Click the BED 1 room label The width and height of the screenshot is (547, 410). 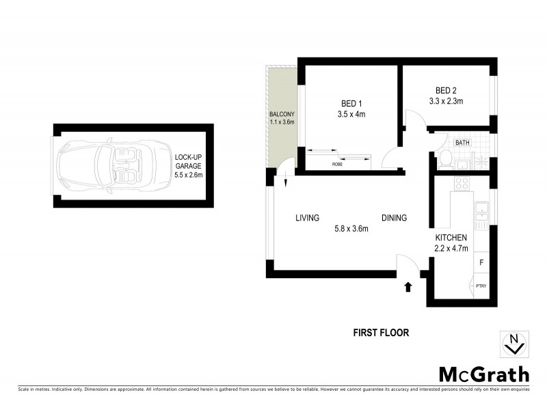(x=351, y=103)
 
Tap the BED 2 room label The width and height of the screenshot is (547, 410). (x=446, y=90)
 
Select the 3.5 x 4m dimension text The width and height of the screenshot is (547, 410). (x=351, y=114)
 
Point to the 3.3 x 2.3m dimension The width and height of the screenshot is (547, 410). (x=446, y=101)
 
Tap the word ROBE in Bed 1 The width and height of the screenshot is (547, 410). (x=337, y=164)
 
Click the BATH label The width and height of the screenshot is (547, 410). (x=463, y=143)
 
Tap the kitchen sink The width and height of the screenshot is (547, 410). (x=482, y=213)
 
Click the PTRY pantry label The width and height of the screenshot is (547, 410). (x=481, y=286)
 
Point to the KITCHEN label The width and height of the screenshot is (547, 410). (x=451, y=237)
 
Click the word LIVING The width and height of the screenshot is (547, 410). (x=308, y=218)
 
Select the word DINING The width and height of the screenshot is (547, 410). (x=394, y=218)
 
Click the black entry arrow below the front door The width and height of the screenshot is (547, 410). (x=408, y=287)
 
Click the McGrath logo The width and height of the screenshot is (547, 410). (x=483, y=374)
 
